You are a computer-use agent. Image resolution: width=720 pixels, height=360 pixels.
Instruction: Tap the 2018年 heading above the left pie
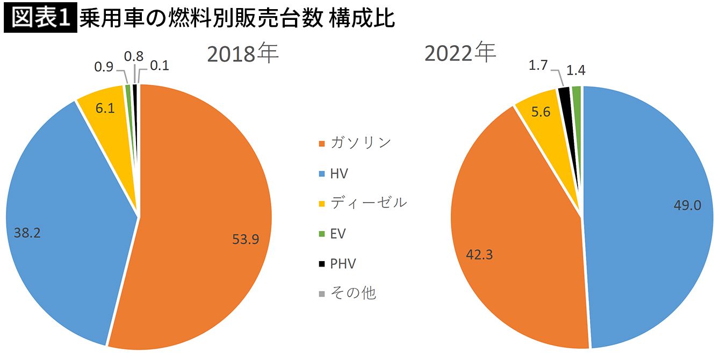(243, 54)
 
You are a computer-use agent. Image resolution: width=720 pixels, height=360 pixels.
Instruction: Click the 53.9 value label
(246, 240)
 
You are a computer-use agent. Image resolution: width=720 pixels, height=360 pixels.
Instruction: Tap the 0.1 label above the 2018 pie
(160, 66)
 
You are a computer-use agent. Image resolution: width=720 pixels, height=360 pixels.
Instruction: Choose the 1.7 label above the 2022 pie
(538, 67)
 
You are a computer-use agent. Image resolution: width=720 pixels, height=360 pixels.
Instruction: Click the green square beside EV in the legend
(321, 234)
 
